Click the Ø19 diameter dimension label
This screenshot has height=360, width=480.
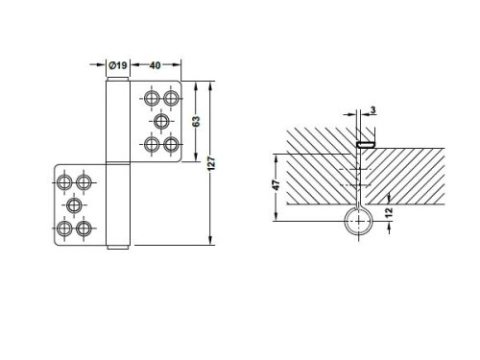click(116, 64)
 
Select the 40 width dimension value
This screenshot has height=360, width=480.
click(156, 64)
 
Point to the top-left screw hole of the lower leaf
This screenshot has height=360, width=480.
click(64, 181)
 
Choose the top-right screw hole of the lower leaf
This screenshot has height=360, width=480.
click(84, 181)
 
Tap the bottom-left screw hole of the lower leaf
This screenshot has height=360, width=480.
click(64, 229)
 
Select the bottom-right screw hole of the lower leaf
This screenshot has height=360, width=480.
click(84, 229)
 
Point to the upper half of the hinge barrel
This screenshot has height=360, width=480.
click(116, 120)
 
